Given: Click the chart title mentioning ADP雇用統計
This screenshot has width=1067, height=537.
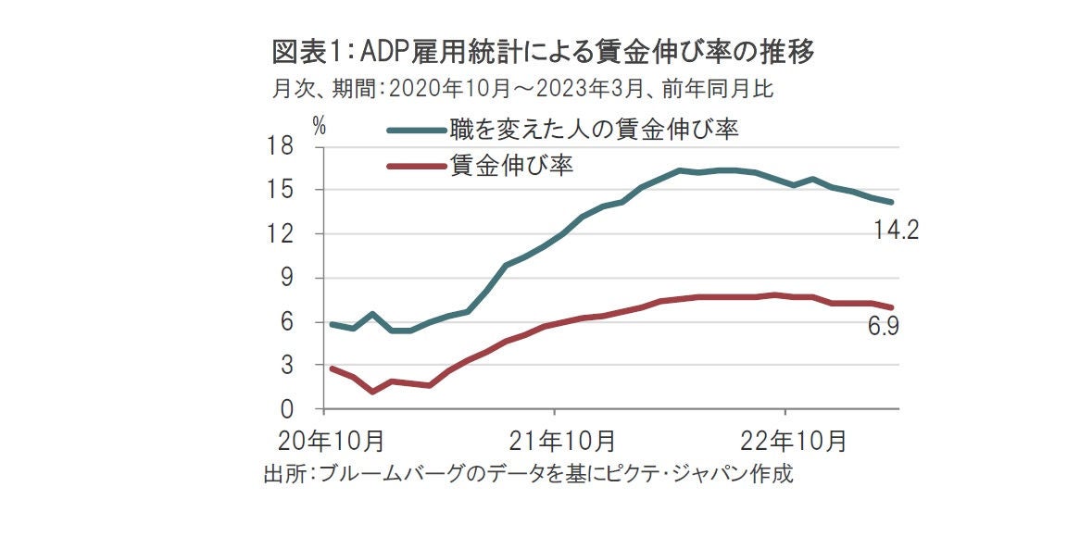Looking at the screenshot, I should (544, 53).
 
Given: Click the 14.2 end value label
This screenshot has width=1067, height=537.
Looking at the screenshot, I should (896, 231).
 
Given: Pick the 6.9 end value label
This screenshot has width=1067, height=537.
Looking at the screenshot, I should (884, 327).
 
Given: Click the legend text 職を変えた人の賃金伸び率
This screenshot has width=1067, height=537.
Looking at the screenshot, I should (594, 129).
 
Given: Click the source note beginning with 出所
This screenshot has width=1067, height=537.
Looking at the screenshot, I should (529, 475).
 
